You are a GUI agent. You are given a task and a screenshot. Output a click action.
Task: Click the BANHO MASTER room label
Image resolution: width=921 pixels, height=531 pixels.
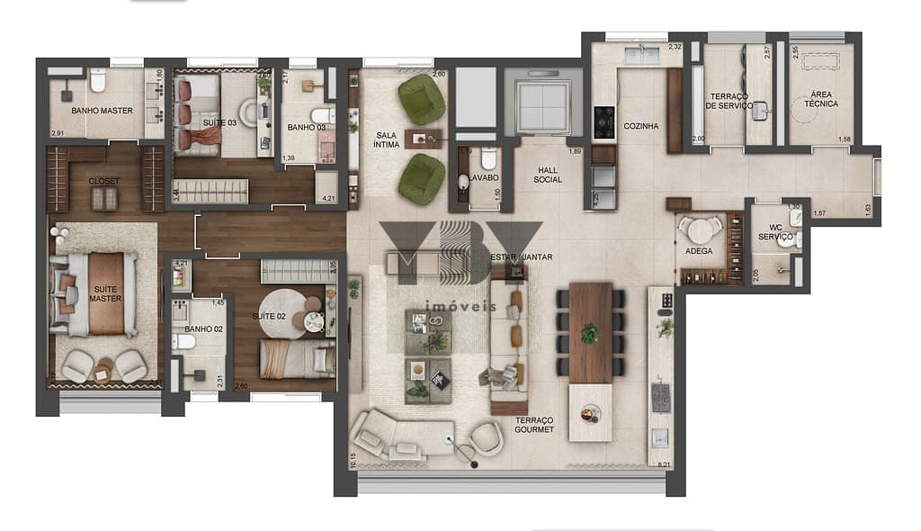pyautogui.click(x=103, y=111)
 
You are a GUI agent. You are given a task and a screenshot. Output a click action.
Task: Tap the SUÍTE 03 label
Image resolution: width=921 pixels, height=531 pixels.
pyautogui.click(x=219, y=121)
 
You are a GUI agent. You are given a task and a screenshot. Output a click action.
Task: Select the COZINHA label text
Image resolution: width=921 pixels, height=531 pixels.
pyautogui.click(x=641, y=126)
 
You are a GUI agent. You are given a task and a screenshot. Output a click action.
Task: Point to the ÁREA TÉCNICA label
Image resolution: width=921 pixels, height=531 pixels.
pyautogui.click(x=819, y=99)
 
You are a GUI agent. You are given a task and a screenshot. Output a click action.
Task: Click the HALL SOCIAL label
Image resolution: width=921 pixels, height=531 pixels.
pyautogui.click(x=547, y=175)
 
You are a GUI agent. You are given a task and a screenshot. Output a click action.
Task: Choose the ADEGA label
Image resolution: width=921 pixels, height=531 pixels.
pyautogui.click(x=699, y=251)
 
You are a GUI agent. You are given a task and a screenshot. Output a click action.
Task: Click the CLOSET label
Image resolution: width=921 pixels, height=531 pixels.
pyautogui.click(x=103, y=181)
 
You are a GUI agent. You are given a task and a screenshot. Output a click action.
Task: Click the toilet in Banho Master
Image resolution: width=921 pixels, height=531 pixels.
pyautogui.click(x=98, y=83)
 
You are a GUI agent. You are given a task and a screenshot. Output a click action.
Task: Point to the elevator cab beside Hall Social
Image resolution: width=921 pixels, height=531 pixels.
pyautogui.click(x=538, y=105)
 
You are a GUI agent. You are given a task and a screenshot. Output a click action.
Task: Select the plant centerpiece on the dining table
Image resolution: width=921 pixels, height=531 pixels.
pyautogui.click(x=589, y=334)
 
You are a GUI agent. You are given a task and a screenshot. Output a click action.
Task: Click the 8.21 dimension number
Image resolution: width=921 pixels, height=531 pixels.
pyautogui.click(x=665, y=464)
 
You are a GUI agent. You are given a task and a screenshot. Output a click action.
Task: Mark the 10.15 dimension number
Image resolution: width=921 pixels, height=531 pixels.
pyautogui.click(x=353, y=459)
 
